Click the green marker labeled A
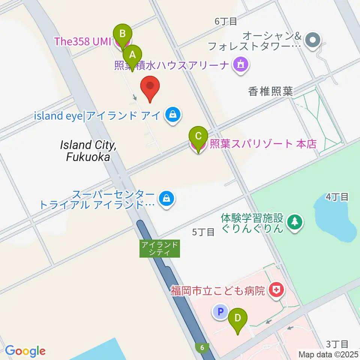(132, 56)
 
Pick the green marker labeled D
(238, 319)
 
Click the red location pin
(150, 87)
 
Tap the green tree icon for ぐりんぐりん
(295, 223)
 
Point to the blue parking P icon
(220, 311)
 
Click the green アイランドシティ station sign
(160, 249)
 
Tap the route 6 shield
(202, 348)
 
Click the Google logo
(25, 351)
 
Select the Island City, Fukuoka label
(89, 151)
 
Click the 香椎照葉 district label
(270, 91)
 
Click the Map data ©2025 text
(328, 354)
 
